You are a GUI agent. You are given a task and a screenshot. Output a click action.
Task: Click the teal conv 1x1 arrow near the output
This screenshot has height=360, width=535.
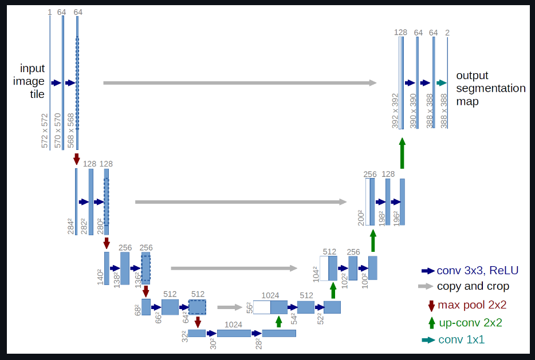[x=441, y=83]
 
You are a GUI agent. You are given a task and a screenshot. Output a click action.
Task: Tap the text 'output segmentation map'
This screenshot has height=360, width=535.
[x=490, y=89]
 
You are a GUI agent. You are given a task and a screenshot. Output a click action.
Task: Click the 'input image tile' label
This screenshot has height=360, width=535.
[x=33, y=81]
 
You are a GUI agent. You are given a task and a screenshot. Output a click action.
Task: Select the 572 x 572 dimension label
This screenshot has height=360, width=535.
[x=45, y=130]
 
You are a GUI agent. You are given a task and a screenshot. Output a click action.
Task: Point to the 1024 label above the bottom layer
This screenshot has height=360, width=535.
[x=233, y=324]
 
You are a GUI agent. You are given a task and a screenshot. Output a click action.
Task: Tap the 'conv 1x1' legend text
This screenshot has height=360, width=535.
[x=461, y=339]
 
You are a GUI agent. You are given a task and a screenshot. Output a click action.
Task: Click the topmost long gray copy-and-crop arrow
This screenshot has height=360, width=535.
[x=239, y=83]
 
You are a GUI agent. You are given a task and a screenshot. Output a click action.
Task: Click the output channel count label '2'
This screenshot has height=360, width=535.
[x=447, y=33]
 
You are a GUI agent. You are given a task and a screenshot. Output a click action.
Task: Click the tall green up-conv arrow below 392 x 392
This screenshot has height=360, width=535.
[x=402, y=153]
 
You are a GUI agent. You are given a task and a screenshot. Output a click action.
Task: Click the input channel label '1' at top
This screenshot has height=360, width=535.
[x=50, y=11]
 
